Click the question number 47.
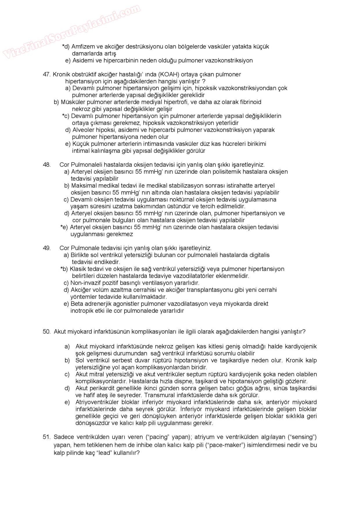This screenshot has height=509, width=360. point(46,74)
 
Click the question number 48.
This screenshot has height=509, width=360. point(46,165)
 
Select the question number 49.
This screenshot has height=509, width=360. point(46,248)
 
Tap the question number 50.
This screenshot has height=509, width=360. point(46,332)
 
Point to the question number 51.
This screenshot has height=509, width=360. point(46,437)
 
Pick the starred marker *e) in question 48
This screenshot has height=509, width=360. point(64,227)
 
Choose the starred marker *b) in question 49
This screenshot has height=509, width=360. point(64,269)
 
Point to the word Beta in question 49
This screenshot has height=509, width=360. point(77,304)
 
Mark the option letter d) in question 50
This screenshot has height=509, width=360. point(67,388)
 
